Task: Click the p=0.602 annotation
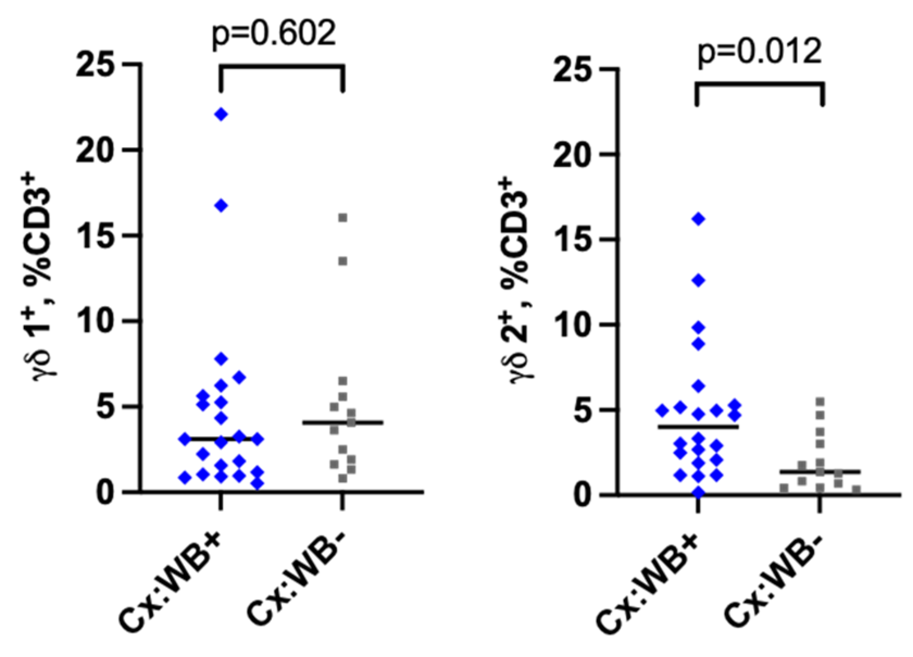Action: tap(274, 34)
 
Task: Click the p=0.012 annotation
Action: tap(759, 52)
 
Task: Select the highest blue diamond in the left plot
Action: tap(221, 114)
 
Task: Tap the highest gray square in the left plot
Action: tap(342, 218)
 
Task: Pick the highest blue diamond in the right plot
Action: tap(698, 219)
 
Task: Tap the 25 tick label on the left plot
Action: tap(98, 64)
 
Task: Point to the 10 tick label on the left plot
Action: tap(98, 321)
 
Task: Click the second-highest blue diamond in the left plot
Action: tap(221, 205)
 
